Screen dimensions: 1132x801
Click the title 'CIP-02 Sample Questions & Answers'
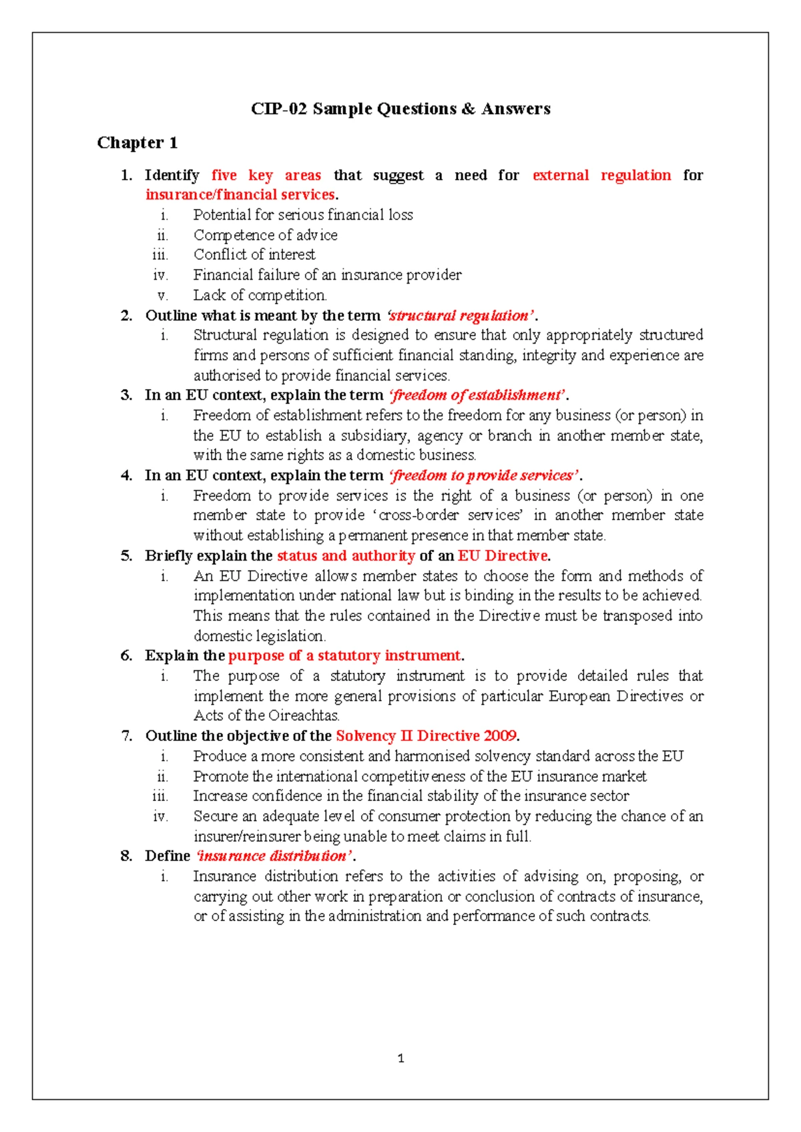[400, 109]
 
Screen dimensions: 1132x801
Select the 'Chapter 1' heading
[137, 143]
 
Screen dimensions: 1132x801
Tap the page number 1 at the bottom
[400, 1058]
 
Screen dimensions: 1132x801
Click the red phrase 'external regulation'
[601, 176]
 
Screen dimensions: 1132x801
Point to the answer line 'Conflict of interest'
[254, 254]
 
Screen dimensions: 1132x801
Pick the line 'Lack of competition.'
[260, 295]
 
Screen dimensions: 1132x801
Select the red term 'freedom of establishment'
[477, 395]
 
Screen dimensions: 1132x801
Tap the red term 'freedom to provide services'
[484, 475]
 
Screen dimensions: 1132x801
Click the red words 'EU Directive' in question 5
[503, 555]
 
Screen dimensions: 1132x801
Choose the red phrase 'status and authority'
[346, 555]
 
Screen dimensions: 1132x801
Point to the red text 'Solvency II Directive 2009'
[426, 736]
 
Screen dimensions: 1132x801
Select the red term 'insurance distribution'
[273, 856]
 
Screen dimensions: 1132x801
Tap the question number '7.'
[127, 736]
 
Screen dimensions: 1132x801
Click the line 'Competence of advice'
[265, 235]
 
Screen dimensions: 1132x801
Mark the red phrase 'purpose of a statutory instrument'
[344, 655]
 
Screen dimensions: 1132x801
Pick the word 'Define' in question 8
[168, 856]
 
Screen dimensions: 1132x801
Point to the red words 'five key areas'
[266, 176]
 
